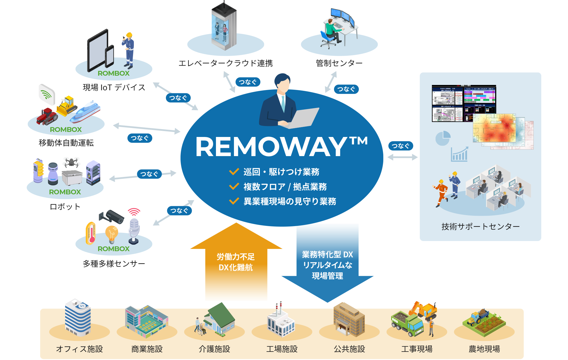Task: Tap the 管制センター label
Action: click(339, 63)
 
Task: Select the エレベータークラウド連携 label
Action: click(226, 63)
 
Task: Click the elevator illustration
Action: click(224, 27)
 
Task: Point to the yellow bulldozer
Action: click(66, 106)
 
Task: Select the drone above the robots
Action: click(71, 162)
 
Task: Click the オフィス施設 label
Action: click(79, 349)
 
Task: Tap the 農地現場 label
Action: click(484, 349)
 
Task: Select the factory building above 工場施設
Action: click(280, 322)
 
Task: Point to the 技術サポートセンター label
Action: click(480, 226)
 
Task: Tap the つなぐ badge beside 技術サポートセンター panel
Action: click(400, 146)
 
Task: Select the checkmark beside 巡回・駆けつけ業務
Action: click(234, 172)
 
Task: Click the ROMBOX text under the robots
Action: click(65, 192)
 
